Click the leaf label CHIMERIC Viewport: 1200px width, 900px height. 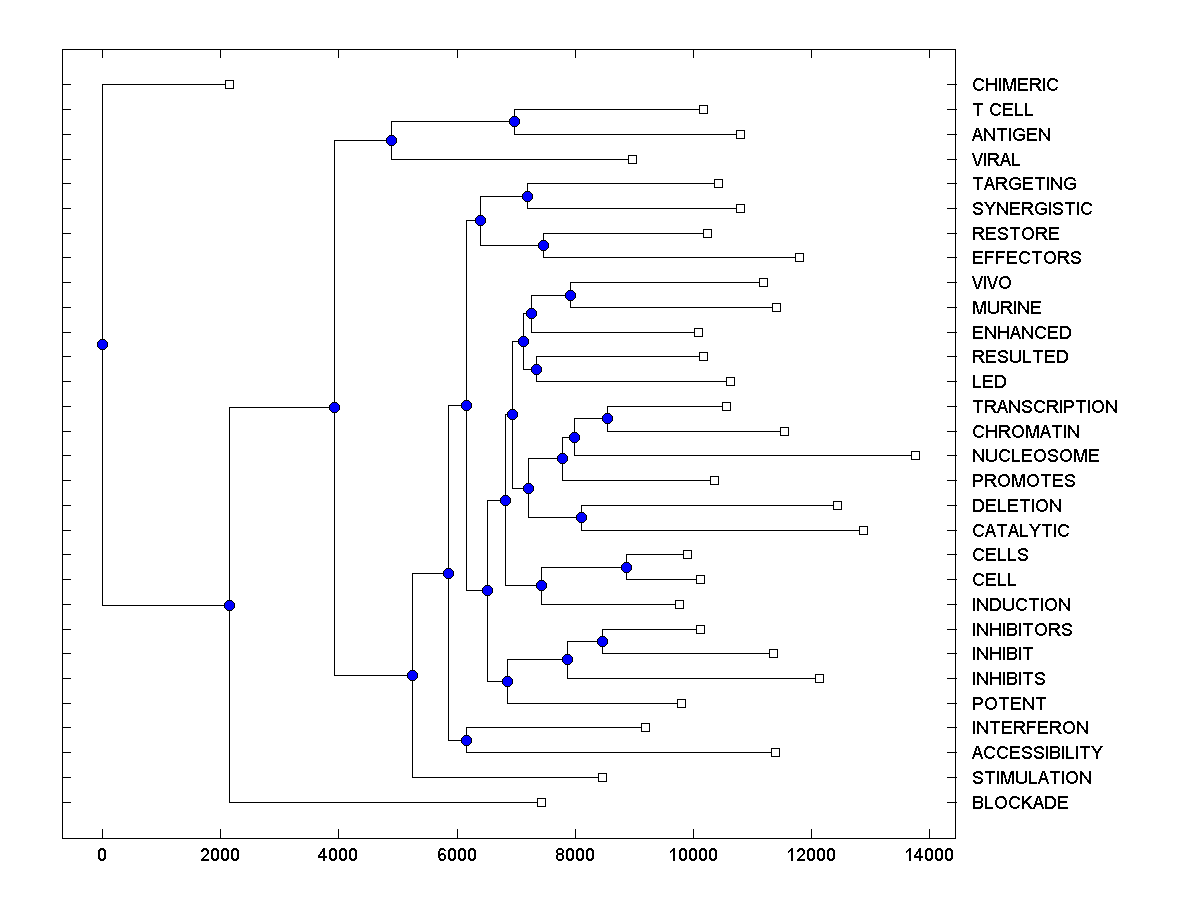point(1014,85)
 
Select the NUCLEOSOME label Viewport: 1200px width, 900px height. point(1035,456)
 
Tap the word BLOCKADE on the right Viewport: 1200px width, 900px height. point(1019,803)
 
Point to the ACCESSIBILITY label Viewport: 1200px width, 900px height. point(1036,753)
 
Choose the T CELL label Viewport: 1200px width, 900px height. point(1002,110)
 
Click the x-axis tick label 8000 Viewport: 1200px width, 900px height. point(575,855)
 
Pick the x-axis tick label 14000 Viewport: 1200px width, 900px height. point(929,855)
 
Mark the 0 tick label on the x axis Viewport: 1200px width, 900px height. point(102,855)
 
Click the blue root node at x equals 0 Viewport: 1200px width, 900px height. point(102,344)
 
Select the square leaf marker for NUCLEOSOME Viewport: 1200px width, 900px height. point(915,455)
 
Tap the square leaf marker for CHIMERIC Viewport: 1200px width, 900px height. point(229,84)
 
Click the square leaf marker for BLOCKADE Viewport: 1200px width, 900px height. point(541,802)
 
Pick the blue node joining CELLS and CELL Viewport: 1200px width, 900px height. point(626,567)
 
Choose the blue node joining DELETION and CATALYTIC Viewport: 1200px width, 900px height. point(581,517)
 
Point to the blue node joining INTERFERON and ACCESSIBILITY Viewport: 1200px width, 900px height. point(466,740)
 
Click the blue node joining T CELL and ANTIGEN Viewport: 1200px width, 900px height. point(514,121)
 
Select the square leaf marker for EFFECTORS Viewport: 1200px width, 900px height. point(799,257)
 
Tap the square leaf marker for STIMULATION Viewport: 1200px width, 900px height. point(602,777)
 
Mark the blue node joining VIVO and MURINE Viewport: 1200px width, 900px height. point(570,295)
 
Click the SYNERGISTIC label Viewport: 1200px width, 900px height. point(1031,209)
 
